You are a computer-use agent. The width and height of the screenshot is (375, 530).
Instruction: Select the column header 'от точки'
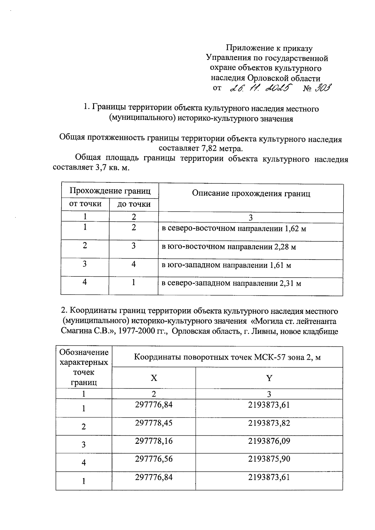tap(85, 204)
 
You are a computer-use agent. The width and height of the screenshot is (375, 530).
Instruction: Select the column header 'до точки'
tap(134, 204)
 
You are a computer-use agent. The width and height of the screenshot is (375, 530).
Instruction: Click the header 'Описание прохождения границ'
tap(251, 193)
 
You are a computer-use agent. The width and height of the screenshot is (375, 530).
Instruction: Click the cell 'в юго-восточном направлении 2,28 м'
tap(228, 247)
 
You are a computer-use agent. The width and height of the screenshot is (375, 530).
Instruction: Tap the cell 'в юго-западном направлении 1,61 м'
tap(226, 265)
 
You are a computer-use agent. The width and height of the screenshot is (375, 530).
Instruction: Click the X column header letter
tap(154, 378)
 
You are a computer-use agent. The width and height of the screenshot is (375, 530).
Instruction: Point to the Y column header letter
tap(269, 378)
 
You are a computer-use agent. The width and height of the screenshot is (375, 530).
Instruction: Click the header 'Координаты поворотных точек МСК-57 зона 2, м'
tap(227, 357)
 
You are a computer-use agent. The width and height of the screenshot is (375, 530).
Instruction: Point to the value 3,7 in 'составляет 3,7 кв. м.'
tap(98, 168)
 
